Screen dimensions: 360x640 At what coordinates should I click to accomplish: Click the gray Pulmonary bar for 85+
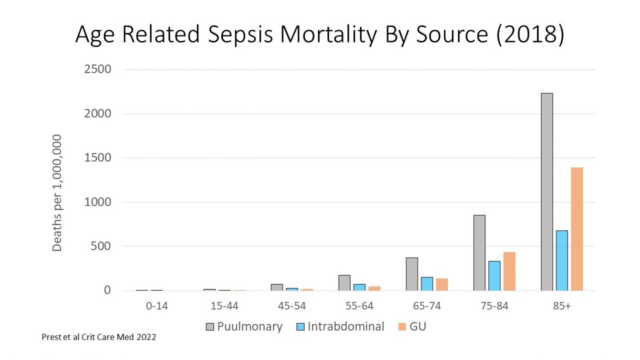point(546,192)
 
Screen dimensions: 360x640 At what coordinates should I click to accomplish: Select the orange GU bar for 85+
point(576,229)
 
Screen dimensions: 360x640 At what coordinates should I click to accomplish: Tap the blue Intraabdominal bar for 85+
point(561,261)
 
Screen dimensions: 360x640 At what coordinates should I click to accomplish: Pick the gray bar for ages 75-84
point(479,253)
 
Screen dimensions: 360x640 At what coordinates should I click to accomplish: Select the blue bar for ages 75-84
point(494,276)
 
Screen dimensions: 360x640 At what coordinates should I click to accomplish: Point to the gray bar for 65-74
point(412,274)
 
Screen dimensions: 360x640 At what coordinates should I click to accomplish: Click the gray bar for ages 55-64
point(344,283)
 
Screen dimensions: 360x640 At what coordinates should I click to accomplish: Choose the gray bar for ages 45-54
point(277,287)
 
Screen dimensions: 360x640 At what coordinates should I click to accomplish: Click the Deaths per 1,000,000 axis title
point(57,193)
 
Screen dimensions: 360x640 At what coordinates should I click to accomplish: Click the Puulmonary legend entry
point(244,326)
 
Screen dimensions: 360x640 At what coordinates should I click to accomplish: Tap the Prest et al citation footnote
point(99,337)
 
